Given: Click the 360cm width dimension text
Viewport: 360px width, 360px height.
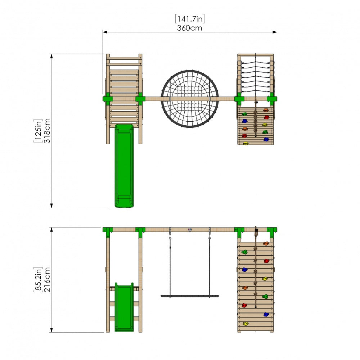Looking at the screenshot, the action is tap(189, 28).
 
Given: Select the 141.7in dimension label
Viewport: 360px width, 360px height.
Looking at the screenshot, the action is tap(190, 19).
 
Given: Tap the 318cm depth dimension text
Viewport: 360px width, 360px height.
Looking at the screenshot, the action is tap(47, 131).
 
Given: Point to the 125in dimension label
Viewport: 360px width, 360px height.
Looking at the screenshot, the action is tap(38, 131).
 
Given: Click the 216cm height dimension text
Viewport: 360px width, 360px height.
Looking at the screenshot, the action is tap(47, 280).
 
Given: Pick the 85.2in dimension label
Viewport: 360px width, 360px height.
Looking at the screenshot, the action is tap(38, 280).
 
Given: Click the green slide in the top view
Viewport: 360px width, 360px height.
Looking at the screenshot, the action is tap(124, 166).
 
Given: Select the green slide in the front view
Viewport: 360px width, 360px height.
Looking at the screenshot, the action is tap(124, 307).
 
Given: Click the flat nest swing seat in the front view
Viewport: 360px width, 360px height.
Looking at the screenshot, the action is tap(190, 296).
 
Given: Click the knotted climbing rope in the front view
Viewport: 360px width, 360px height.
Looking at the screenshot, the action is tap(256, 267).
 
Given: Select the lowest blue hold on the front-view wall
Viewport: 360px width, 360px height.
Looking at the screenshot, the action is tap(266, 314).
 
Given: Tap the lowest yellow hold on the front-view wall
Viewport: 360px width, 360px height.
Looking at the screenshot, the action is tap(246, 324).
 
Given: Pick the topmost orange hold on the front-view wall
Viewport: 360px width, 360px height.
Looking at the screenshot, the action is tap(266, 243).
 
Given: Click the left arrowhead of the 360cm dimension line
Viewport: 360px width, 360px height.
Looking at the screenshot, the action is tap(105, 32).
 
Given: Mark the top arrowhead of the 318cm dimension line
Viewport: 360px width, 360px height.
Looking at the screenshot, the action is tap(51, 56).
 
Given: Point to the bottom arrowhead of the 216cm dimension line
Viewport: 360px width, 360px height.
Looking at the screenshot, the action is tap(51, 330).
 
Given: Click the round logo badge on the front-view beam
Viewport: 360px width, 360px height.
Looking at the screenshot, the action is tap(190, 230).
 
